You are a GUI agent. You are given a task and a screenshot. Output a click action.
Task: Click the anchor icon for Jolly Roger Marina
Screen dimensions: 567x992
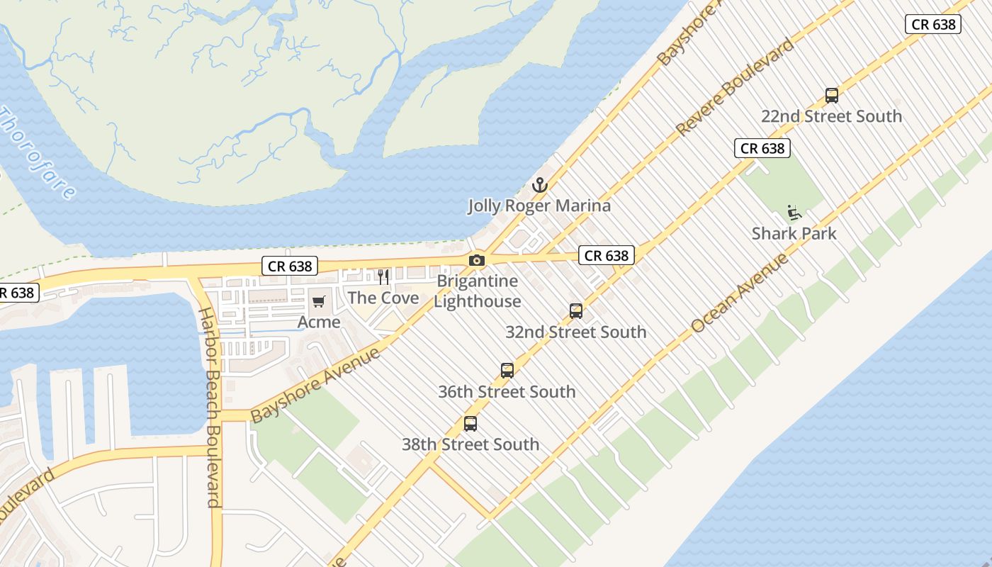pyautogui.click(x=540, y=186)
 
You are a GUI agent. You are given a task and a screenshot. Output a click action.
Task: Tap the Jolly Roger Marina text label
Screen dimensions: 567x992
pyautogui.click(x=539, y=206)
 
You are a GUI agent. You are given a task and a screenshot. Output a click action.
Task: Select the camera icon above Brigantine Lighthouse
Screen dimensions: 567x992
pyautogui.click(x=477, y=260)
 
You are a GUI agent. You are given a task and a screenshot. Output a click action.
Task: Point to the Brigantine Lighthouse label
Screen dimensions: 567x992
pyautogui.click(x=478, y=291)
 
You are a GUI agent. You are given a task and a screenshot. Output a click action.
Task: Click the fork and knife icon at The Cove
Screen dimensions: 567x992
pyautogui.click(x=383, y=276)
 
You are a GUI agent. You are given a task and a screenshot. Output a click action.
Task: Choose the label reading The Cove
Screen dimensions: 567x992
pyautogui.click(x=383, y=298)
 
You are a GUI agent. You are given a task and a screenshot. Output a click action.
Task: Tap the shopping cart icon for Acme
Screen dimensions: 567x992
pyautogui.click(x=319, y=302)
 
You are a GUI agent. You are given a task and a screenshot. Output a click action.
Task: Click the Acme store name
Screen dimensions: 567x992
pyautogui.click(x=319, y=322)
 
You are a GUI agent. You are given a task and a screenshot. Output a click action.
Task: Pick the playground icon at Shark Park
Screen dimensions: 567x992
pyautogui.click(x=794, y=213)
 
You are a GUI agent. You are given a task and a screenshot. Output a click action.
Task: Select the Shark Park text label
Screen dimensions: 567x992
pyautogui.click(x=794, y=233)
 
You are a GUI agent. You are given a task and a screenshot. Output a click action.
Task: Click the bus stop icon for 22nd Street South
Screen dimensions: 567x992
pyautogui.click(x=832, y=96)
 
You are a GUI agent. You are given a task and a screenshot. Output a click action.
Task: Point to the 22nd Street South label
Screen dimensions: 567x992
pyautogui.click(x=832, y=116)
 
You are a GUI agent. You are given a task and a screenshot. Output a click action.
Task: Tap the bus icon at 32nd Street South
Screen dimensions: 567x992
pyautogui.click(x=576, y=311)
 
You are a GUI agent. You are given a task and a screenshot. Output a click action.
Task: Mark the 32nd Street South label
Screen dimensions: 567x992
pyautogui.click(x=576, y=332)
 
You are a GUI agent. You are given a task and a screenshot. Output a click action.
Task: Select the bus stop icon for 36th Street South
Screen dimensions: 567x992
pyautogui.click(x=507, y=371)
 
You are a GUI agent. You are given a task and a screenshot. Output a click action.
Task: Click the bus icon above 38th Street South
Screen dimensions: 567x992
pyautogui.click(x=470, y=424)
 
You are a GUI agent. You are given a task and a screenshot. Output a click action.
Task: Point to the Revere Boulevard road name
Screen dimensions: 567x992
pyautogui.click(x=735, y=87)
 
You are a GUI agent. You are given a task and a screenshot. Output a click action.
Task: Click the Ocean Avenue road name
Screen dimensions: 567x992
pyautogui.click(x=740, y=293)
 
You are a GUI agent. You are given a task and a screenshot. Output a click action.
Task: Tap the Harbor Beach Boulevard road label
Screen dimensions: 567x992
pyautogui.click(x=210, y=408)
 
